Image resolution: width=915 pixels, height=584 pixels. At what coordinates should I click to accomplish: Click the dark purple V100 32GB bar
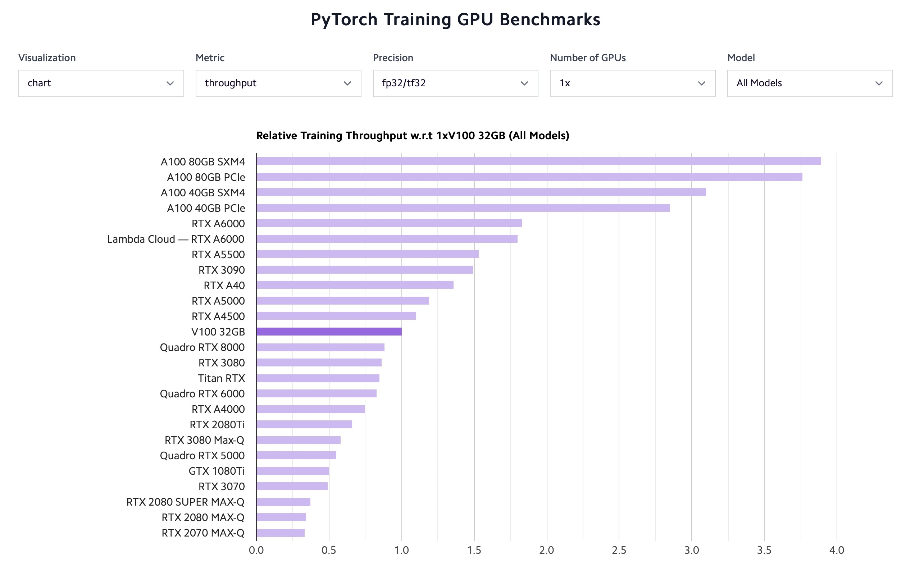click(329, 332)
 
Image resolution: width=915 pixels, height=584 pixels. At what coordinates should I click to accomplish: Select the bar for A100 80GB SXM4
click(538, 161)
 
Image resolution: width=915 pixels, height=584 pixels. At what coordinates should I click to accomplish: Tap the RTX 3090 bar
click(364, 270)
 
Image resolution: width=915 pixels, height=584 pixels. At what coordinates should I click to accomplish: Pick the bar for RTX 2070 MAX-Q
click(281, 533)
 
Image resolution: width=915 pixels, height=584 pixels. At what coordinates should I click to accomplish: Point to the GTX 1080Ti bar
click(292, 471)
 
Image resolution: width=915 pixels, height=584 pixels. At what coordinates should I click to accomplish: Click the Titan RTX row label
click(221, 378)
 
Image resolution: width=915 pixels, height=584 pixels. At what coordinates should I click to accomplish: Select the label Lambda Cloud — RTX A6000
click(176, 239)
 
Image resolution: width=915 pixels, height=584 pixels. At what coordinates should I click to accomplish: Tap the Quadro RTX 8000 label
click(202, 347)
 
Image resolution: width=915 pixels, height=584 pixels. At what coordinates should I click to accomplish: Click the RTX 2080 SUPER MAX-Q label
click(186, 502)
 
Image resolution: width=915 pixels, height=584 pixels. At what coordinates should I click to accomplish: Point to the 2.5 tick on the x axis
click(619, 550)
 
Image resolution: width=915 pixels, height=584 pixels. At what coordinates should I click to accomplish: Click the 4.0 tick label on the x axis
click(836, 550)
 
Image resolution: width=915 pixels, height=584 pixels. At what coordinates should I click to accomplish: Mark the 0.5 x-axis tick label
click(329, 550)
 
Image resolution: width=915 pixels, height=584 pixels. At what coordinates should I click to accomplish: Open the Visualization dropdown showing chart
click(101, 83)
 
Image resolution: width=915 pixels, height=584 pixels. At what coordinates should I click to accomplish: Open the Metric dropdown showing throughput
click(278, 83)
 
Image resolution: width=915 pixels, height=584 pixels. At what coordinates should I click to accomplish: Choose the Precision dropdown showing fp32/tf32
click(455, 83)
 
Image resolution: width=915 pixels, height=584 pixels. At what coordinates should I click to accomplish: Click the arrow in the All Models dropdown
click(879, 83)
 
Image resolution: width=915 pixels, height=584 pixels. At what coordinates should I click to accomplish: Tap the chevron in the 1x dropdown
click(701, 83)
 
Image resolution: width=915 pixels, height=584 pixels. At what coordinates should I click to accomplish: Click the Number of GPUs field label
click(587, 58)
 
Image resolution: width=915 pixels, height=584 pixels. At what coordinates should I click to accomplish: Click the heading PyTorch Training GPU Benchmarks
click(455, 19)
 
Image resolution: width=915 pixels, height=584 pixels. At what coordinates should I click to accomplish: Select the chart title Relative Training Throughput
click(413, 136)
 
